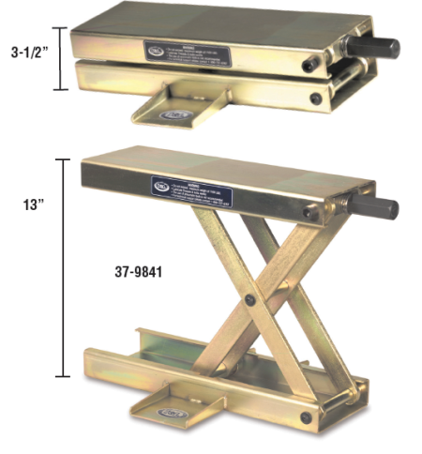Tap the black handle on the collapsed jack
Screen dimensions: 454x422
tap(382, 48)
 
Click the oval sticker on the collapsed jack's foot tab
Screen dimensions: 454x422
tap(176, 114)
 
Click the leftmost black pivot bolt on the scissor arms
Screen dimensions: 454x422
tap(250, 299)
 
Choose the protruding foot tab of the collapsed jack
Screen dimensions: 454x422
tap(174, 106)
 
